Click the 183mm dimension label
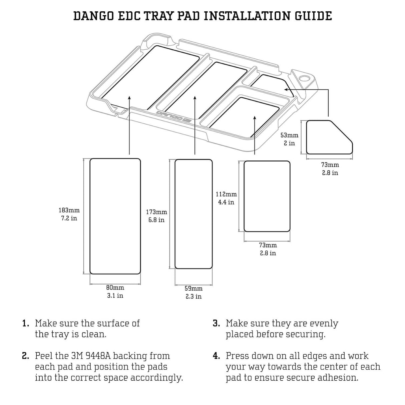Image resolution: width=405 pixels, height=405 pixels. [69, 210]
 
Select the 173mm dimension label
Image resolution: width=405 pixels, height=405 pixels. [156, 212]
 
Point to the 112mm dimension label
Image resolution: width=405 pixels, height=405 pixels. [226, 194]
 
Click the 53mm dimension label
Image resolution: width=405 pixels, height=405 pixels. [289, 135]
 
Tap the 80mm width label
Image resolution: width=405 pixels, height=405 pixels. [115, 288]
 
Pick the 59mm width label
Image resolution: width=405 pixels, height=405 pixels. [193, 288]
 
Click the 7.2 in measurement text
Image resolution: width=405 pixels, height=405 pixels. [69, 218]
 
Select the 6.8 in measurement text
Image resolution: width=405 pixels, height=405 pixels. [156, 220]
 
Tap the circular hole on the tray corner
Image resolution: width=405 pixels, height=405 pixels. [304, 78]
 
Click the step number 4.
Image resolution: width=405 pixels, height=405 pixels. [217, 356]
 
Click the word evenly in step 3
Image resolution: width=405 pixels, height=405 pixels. [324, 324]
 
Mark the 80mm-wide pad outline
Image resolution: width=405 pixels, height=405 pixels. [115, 216]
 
